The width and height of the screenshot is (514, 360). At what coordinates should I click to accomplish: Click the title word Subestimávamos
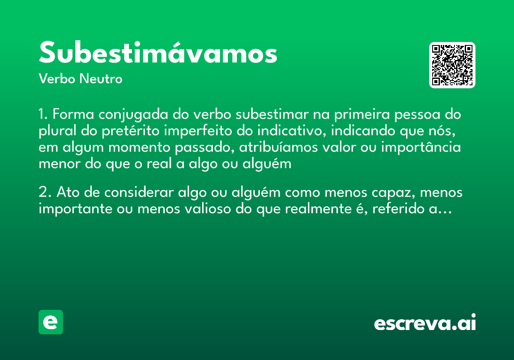point(158,53)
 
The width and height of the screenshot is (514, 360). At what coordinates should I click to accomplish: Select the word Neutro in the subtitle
point(101,79)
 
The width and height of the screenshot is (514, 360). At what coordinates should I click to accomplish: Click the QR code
point(452,65)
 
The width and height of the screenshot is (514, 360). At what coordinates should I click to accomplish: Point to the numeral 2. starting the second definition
point(45,193)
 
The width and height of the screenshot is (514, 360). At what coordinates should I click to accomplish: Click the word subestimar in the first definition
point(272,115)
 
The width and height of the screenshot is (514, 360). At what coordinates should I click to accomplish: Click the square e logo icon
point(51,322)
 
